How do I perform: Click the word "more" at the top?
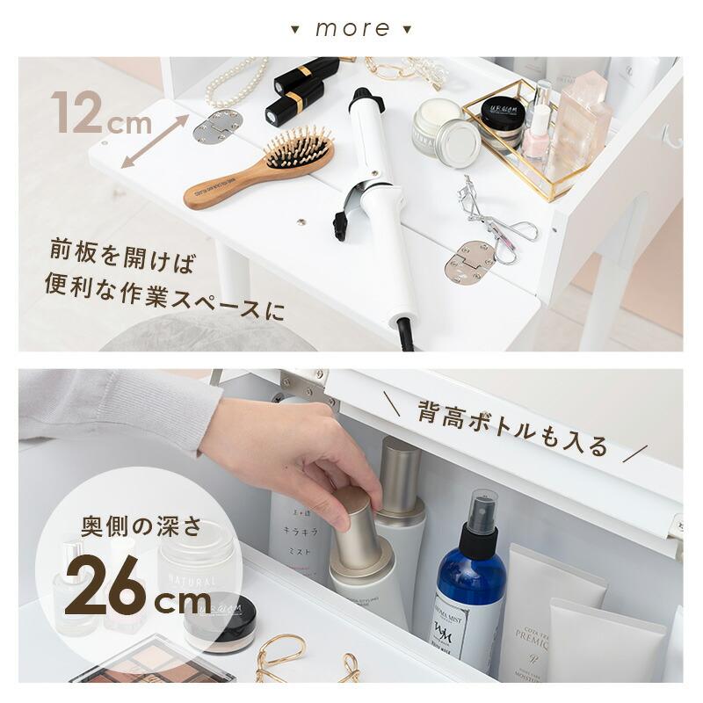pos(351,28)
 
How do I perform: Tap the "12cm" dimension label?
pos(100,114)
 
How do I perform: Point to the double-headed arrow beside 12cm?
pos(155,141)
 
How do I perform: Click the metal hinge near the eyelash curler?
pos(469,261)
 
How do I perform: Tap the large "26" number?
pos(105,584)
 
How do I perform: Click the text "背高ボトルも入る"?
pos(512,428)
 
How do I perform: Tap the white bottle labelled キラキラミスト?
pos(300,536)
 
